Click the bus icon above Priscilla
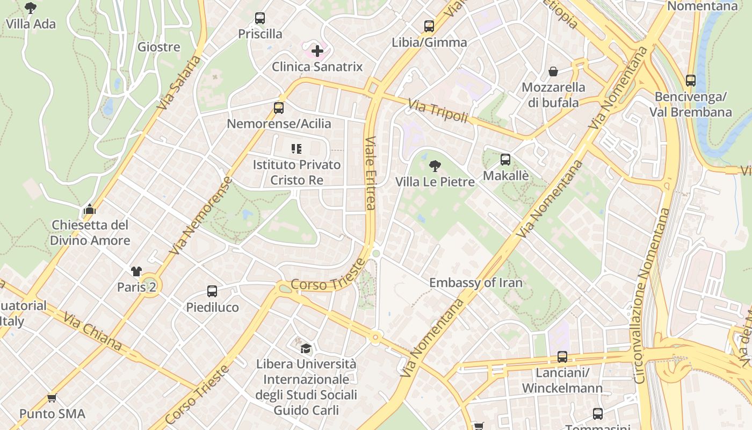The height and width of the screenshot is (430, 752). (x=260, y=18)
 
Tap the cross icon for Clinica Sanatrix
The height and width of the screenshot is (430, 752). (x=317, y=51)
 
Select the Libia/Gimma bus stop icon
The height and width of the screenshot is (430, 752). (x=429, y=26)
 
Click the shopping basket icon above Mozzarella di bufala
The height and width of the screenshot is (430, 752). (x=553, y=71)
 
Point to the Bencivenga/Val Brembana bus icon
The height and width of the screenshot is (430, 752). (x=691, y=81)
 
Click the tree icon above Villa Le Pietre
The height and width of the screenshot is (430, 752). (x=435, y=166)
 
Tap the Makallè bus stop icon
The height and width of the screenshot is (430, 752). (x=505, y=160)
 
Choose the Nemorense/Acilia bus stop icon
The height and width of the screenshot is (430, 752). (x=278, y=108)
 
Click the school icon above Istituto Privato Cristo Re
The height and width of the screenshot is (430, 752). (x=297, y=148)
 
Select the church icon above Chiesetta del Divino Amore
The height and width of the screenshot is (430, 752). (x=90, y=209)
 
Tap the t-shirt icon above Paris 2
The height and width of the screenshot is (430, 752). (x=136, y=271)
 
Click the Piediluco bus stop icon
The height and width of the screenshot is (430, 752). (x=212, y=291)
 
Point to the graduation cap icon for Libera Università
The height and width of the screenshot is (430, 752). (x=306, y=348)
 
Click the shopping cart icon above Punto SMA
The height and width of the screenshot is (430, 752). (x=52, y=398)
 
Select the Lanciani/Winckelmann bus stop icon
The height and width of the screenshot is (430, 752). (x=562, y=357)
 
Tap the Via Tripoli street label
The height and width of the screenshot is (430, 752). (x=437, y=110)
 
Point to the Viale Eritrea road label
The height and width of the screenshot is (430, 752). (x=370, y=173)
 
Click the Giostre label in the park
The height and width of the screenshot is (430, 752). (x=158, y=47)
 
